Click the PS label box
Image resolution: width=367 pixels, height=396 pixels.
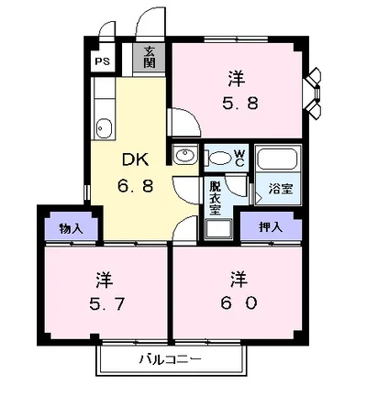[x=102, y=61]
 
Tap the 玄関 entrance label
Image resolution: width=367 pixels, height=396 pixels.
[x=150, y=57]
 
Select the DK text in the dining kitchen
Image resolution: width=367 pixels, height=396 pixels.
[x=136, y=159]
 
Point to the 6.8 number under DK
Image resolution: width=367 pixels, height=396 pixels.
[x=136, y=185]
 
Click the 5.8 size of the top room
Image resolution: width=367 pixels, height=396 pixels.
[x=240, y=103]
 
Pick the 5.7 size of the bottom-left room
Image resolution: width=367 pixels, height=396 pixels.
[x=106, y=303]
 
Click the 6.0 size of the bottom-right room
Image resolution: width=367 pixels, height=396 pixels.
[x=239, y=303]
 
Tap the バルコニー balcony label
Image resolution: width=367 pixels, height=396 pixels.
[x=171, y=358]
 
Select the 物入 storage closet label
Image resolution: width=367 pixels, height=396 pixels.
[x=72, y=228]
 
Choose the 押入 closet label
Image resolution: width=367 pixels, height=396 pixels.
[x=271, y=227]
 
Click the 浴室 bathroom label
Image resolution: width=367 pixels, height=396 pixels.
[x=281, y=189]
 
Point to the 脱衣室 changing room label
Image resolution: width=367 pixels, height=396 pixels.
[x=215, y=198]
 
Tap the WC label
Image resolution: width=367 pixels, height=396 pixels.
[x=239, y=159]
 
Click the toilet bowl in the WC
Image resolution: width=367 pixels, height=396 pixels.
[x=219, y=158]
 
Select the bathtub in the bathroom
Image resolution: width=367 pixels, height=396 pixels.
[x=277, y=159]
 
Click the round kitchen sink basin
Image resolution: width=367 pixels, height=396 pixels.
[x=105, y=128]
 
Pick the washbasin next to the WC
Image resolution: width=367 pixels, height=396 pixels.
[x=184, y=155]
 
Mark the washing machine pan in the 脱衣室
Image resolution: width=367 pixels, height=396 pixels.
[x=218, y=229]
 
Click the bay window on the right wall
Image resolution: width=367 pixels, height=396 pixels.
[x=312, y=93]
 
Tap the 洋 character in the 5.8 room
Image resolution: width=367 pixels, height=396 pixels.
[x=237, y=78]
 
